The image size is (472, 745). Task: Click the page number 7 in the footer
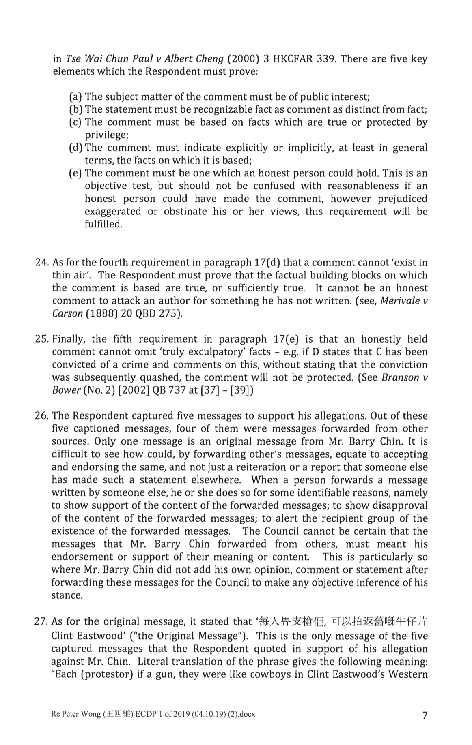(x=425, y=716)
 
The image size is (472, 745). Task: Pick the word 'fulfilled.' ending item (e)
(x=103, y=224)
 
